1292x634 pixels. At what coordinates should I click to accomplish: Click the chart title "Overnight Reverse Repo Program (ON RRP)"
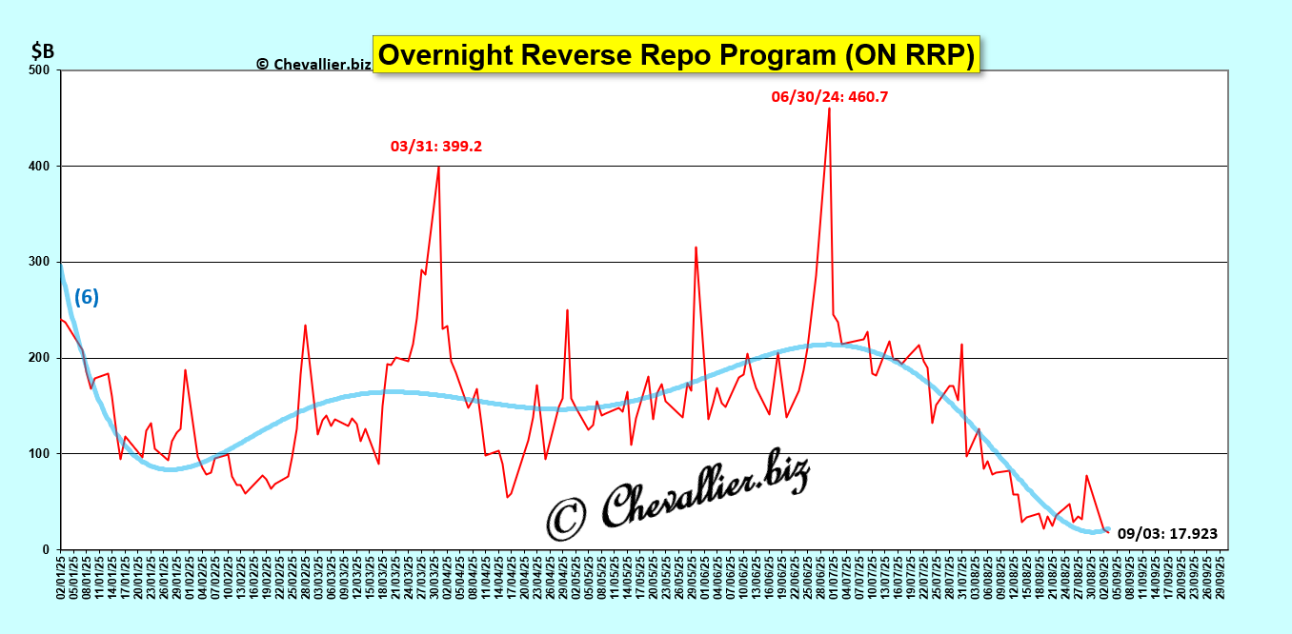(x=676, y=55)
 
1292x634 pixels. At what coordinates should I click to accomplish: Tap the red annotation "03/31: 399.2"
(x=436, y=147)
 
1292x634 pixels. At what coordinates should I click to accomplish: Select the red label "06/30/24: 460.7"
(x=829, y=96)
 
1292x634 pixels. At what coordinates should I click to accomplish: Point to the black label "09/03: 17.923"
(x=1167, y=534)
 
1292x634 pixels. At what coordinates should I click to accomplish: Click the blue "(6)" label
(x=87, y=297)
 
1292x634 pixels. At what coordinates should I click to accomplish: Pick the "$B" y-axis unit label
(x=43, y=50)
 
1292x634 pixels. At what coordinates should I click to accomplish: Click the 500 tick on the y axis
(x=40, y=70)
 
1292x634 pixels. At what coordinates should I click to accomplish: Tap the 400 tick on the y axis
(x=40, y=167)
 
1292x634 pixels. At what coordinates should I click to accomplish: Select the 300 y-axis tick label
(x=40, y=262)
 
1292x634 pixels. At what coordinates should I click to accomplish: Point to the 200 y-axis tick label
(x=40, y=358)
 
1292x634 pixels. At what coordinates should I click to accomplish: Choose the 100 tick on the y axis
(x=40, y=454)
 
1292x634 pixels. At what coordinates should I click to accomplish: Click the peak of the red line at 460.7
(x=829, y=109)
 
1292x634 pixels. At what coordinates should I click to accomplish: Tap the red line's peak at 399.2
(x=438, y=168)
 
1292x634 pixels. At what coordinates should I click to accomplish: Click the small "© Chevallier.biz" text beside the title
(x=313, y=64)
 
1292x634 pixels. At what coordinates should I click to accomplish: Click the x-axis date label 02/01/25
(x=61, y=577)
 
